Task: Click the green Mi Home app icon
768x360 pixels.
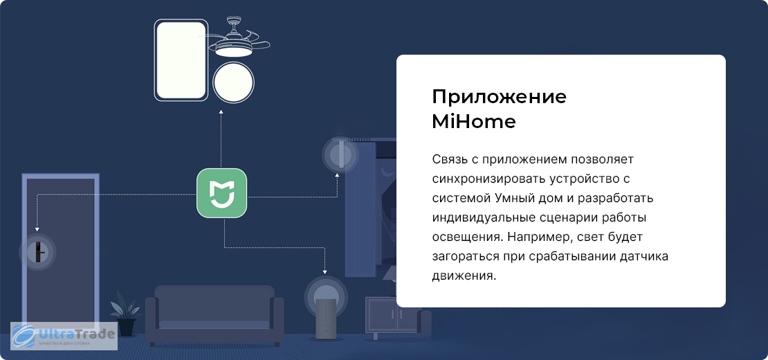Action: pos(222,193)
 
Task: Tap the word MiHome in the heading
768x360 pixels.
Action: pos(474,121)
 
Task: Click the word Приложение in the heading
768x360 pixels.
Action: pos(499,96)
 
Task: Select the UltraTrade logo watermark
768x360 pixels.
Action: pos(64,336)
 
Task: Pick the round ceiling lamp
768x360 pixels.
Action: pos(234,82)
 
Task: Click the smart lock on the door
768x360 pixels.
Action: pos(37,252)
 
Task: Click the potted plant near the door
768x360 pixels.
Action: pos(125,313)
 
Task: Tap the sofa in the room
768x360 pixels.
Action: pos(214,314)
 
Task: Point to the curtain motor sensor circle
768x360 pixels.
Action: pos(338,154)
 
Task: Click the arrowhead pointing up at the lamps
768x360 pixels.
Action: pos(221,113)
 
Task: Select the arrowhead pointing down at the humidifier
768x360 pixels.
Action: pos(324,271)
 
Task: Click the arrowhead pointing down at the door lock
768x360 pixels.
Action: pos(37,228)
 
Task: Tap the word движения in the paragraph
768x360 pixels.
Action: pos(464,276)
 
